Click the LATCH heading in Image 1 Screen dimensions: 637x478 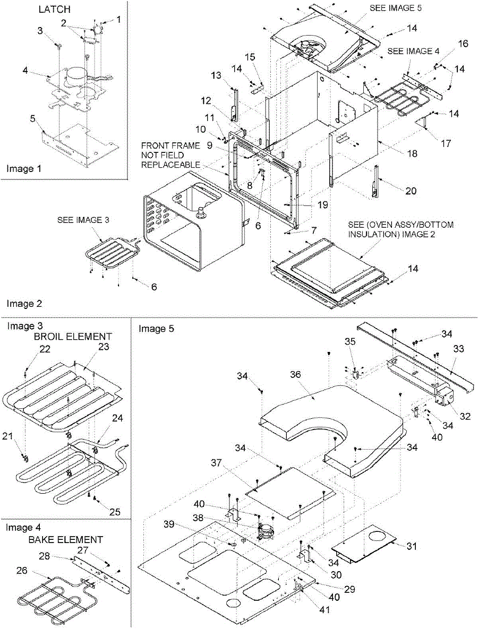(x=54, y=10)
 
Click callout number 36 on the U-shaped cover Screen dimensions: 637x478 (x=295, y=374)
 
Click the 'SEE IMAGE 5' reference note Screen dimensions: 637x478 (x=395, y=8)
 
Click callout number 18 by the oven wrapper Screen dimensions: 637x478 (x=412, y=153)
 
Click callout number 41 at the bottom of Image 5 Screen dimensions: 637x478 (x=324, y=610)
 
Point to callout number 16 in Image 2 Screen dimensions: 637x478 (x=464, y=44)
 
